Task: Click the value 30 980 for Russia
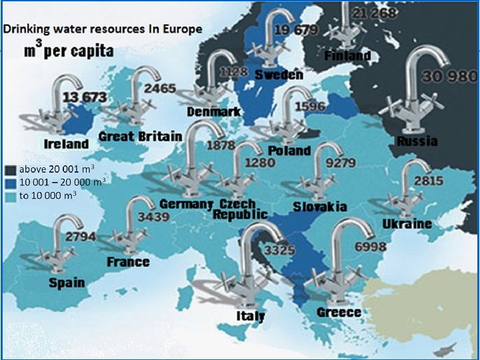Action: click(449, 76)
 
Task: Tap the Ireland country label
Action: click(66, 143)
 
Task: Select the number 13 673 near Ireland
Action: click(85, 97)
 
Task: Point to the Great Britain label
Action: click(140, 137)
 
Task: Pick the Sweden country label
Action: click(278, 74)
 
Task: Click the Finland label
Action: click(347, 55)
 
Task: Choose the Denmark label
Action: click(213, 111)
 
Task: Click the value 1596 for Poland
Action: click(310, 107)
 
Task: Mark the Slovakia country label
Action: click(320, 207)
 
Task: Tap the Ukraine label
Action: click(407, 223)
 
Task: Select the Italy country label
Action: click(251, 315)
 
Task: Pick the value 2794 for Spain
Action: click(80, 237)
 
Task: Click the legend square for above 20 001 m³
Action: click(9, 169)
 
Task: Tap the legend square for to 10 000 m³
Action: click(9, 195)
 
